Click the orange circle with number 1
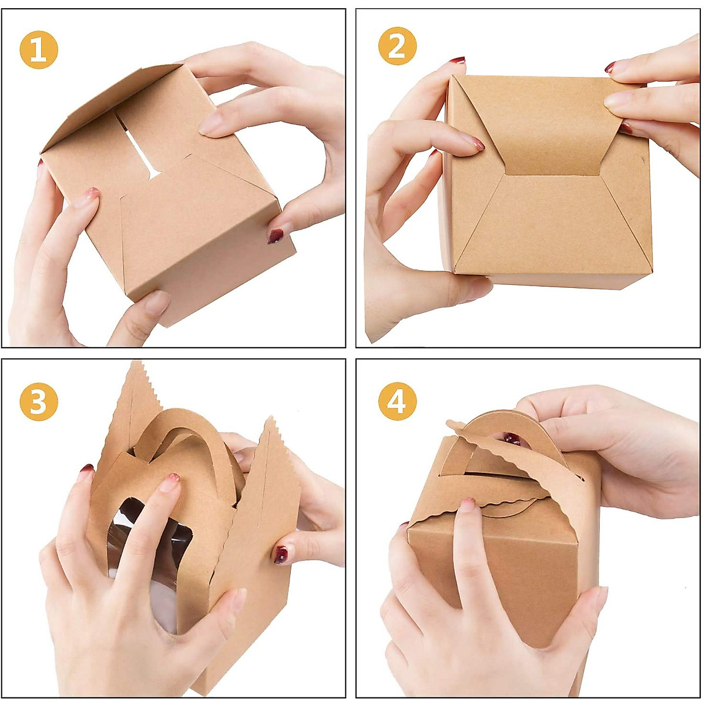click(x=39, y=50)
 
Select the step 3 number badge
click(x=39, y=402)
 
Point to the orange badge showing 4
click(x=397, y=402)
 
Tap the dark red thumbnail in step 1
click(x=275, y=236)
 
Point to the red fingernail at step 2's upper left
click(x=457, y=61)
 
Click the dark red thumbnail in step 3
click(x=281, y=554)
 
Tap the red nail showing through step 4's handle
click(x=511, y=438)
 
